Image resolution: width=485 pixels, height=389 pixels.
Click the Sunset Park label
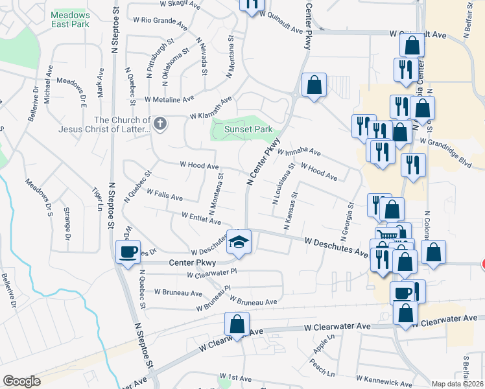(248, 129)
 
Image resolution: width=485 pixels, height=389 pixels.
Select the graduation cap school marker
(239, 242)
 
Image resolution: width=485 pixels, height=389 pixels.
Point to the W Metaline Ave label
(169, 100)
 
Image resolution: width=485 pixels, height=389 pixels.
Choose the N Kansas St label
(290, 211)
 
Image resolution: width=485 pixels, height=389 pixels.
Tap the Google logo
(21, 381)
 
